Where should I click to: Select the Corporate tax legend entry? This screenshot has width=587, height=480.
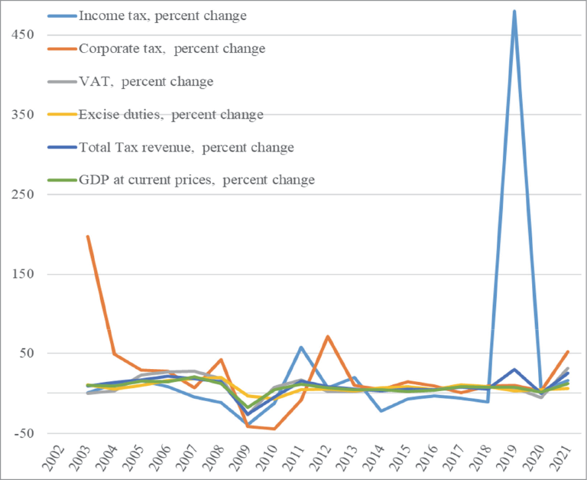172,48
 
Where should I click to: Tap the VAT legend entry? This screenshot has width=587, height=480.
146,81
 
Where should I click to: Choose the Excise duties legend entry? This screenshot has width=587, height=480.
170,114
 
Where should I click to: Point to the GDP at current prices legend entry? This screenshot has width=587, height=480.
196,180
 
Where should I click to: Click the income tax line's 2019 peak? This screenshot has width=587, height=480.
514,11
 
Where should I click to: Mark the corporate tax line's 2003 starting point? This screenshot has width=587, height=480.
88,237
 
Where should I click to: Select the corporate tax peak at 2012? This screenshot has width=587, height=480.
327,336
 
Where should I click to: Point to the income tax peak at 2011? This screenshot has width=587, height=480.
301,348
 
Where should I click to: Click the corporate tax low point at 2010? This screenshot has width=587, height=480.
274,429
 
